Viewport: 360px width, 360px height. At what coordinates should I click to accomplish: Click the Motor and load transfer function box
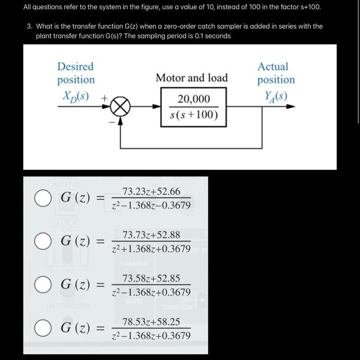[194, 106]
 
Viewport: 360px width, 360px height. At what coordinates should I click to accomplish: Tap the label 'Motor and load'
[191, 78]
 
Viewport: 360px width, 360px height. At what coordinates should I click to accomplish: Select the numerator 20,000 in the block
[194, 99]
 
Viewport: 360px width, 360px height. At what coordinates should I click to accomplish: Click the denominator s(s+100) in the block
[194, 115]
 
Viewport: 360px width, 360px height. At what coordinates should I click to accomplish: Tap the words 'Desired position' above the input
[76, 73]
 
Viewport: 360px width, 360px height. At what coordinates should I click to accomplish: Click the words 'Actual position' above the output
[276, 73]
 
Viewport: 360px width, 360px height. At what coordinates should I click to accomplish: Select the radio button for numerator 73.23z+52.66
[42, 198]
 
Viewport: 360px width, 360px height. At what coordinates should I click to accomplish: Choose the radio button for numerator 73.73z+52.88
[42, 241]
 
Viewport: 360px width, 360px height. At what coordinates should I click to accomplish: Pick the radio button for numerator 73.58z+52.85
[42, 284]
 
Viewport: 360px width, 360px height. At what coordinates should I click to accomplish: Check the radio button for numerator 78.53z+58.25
[42, 328]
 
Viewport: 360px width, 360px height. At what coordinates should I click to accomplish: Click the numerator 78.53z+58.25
[151, 322]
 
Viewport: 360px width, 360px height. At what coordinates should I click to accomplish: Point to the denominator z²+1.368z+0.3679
[151, 249]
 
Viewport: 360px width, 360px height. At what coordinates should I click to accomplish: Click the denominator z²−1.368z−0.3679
[151, 206]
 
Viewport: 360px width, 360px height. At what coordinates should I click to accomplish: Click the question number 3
[29, 26]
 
